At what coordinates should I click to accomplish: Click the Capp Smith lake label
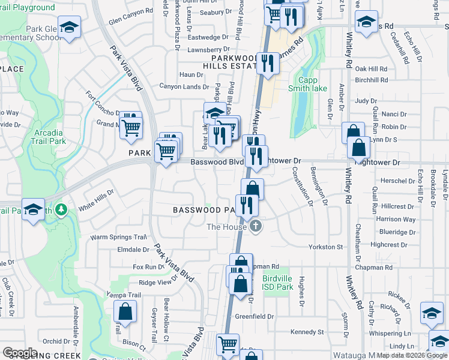coord(312,84)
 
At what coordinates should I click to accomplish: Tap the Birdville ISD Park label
coord(278,283)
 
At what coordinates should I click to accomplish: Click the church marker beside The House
coord(256,226)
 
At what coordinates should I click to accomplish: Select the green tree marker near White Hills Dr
coord(60,209)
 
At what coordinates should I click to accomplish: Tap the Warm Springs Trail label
coord(119,237)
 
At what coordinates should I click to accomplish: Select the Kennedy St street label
coord(307,332)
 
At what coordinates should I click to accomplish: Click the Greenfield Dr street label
coord(254,316)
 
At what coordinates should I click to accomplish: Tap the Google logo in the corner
coord(20,353)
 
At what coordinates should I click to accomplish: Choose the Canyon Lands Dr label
coord(184,86)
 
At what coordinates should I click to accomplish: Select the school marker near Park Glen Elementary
coord(70,29)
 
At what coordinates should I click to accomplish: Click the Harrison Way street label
coord(396,219)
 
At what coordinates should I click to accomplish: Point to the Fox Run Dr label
coord(148,266)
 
